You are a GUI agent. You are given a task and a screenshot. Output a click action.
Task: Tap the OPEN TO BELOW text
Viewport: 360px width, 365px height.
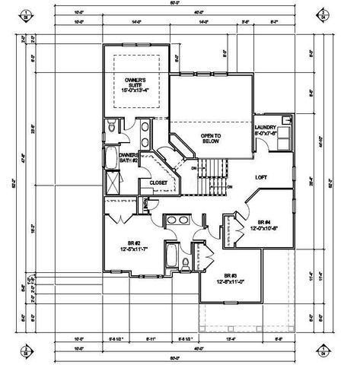click(x=210, y=139)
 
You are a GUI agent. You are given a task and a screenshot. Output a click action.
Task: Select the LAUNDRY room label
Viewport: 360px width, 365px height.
click(x=266, y=131)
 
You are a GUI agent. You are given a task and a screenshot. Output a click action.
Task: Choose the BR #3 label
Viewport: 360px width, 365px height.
click(x=228, y=279)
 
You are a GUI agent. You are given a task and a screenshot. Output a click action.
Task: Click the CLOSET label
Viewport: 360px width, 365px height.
click(x=158, y=182)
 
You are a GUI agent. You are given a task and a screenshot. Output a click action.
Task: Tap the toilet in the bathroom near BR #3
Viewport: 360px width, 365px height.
click(x=186, y=264)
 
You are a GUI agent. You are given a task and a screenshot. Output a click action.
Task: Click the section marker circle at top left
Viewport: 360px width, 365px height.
click(x=26, y=14)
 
